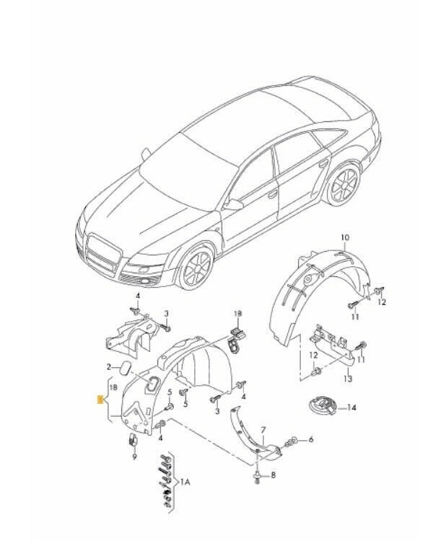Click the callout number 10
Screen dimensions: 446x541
coord(345,238)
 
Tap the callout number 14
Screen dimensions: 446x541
coord(351,408)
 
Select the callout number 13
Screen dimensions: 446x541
coord(348,379)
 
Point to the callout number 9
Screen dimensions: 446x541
coord(134,457)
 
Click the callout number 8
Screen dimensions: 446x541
coord(273,475)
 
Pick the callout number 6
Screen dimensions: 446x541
coord(310,439)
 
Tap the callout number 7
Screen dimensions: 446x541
coord(263,430)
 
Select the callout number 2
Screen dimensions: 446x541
coord(109,366)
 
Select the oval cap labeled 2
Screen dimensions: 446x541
coord(125,367)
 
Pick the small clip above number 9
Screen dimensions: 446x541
coord(133,439)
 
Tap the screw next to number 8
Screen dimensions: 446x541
coord(257,476)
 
